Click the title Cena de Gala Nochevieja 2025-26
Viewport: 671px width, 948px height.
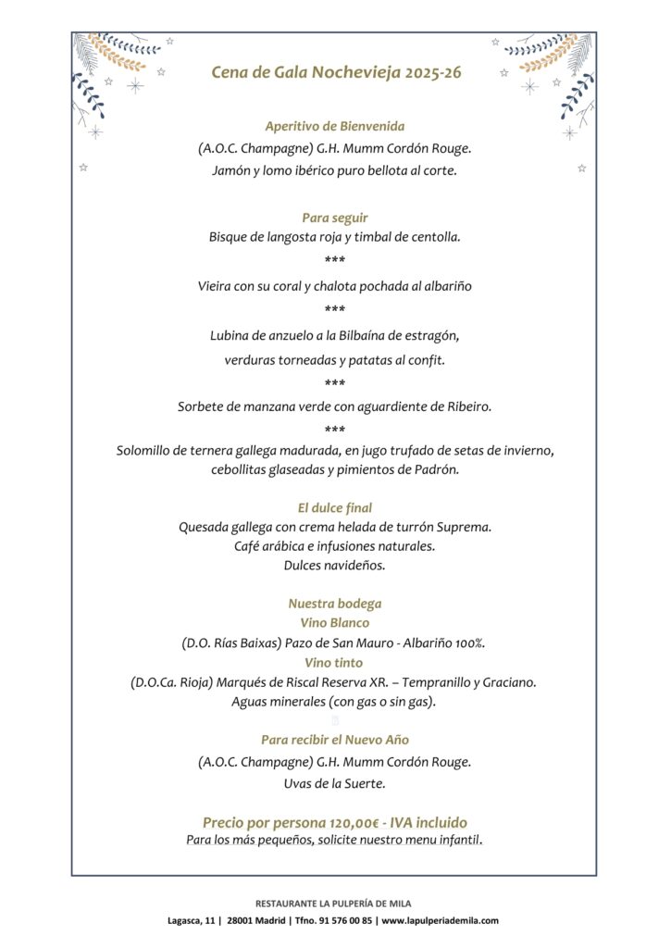click(x=335, y=73)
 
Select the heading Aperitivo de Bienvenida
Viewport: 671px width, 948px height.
click(x=335, y=126)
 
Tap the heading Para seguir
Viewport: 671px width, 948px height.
click(x=335, y=218)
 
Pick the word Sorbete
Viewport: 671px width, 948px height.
click(x=203, y=406)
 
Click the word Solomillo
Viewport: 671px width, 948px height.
click(x=147, y=451)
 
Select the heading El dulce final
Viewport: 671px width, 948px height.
click(x=335, y=508)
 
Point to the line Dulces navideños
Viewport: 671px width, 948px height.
click(x=335, y=564)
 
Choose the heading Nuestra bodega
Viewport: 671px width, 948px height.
click(x=335, y=604)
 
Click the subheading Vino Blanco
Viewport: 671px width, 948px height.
click(x=335, y=623)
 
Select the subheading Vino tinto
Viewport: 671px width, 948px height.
click(x=335, y=663)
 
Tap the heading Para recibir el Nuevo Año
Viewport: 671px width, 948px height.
click(x=335, y=740)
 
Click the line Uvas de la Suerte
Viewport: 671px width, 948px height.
click(x=335, y=783)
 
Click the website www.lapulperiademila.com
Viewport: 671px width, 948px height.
click(x=440, y=920)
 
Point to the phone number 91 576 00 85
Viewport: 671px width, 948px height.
click(x=345, y=920)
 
